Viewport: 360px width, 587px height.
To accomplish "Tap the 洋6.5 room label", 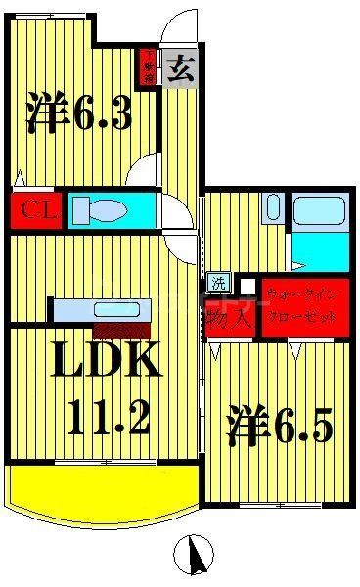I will (x=281, y=426).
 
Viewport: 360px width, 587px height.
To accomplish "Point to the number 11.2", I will (x=110, y=419).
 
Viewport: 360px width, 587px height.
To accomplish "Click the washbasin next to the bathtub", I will (x=273, y=208).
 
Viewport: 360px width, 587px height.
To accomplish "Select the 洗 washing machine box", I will (x=217, y=284).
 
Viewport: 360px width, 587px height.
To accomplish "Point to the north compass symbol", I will (x=193, y=557).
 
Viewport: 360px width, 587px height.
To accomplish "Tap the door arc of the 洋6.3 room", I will (x=145, y=168).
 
